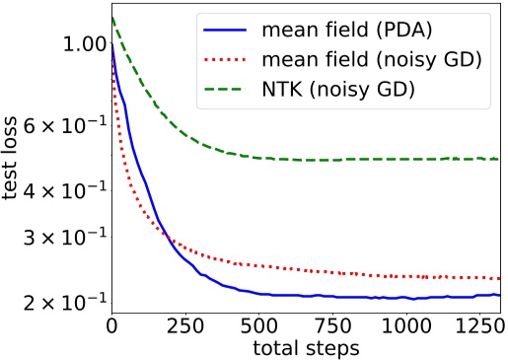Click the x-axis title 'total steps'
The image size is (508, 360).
(307, 347)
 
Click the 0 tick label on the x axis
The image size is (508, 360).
(111, 324)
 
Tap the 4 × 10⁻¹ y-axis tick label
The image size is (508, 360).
(63, 187)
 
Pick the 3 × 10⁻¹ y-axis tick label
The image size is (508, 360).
(63, 237)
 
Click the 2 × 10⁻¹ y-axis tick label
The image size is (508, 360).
(63, 300)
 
